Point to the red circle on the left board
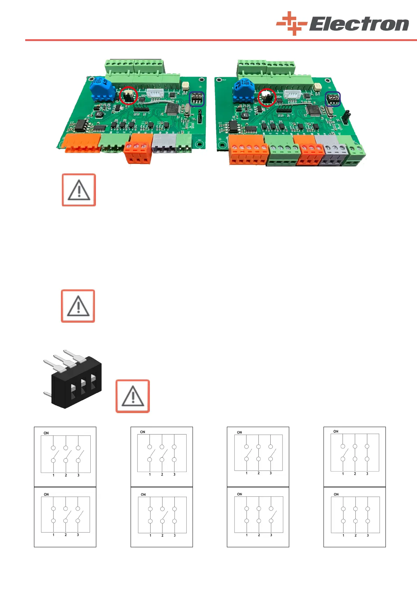click(128, 95)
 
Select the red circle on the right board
click(267, 97)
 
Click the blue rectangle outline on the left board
click(197, 99)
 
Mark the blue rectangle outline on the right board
click(333, 99)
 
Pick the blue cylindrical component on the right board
click(243, 89)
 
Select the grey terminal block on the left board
click(164, 144)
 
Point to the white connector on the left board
click(154, 93)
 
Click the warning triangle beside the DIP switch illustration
click(133, 396)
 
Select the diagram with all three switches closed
click(354, 517)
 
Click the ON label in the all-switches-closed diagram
click(336, 494)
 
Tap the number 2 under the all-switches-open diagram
click(66, 475)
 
